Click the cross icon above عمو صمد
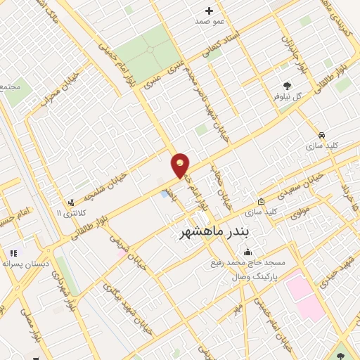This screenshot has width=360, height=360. click(x=209, y=11)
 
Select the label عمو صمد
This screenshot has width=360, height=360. click(x=210, y=22)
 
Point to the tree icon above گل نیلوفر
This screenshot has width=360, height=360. click(x=286, y=85)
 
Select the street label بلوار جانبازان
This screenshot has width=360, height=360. click(x=294, y=49)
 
